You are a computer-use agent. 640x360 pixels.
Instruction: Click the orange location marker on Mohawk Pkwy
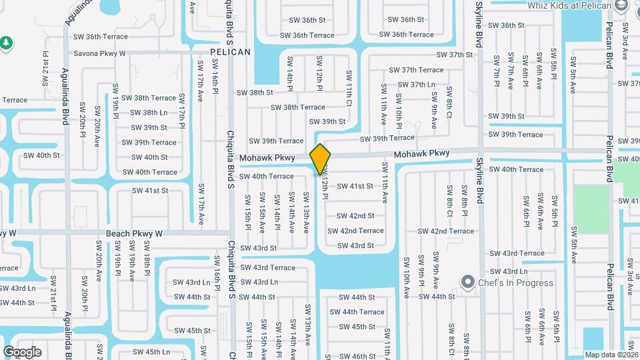[x=321, y=158]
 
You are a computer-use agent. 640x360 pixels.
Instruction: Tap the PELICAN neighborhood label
[x=230, y=51]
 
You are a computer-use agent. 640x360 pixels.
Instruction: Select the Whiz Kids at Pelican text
[x=569, y=5]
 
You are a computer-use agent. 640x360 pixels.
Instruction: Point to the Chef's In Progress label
[x=515, y=283]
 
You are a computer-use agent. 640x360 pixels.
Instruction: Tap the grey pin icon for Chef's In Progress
[x=468, y=282]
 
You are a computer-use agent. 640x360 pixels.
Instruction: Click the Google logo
[x=22, y=352]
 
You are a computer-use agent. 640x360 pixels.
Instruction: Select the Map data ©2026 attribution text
[x=611, y=355]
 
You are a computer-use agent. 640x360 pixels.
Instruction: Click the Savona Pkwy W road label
[x=99, y=53]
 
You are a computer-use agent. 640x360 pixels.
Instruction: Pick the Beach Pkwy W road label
[x=134, y=234]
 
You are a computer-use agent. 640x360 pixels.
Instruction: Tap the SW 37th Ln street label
[x=413, y=85]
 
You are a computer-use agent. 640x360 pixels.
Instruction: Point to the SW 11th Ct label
[x=349, y=89]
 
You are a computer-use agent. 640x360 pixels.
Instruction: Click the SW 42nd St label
[x=355, y=216]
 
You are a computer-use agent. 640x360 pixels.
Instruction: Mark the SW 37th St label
[x=455, y=55]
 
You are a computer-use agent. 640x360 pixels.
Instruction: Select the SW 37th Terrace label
[x=416, y=70]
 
